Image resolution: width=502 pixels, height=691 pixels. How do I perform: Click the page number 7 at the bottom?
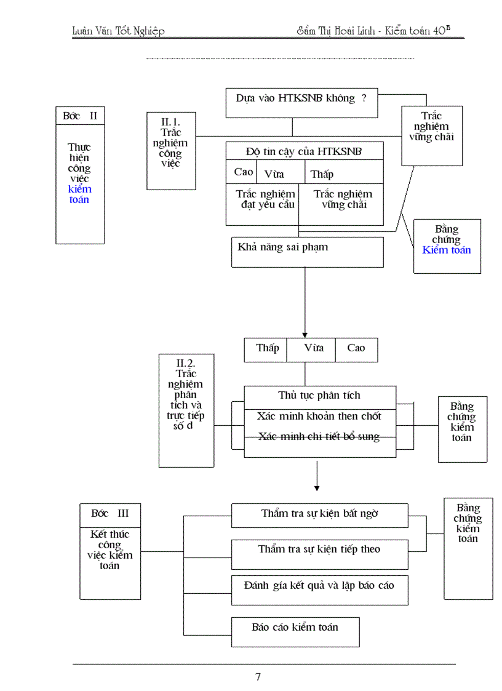click(x=258, y=677)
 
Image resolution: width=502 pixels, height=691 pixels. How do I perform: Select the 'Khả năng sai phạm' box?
click(x=307, y=251)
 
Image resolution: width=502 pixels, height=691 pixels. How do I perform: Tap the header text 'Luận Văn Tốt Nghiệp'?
click(x=118, y=31)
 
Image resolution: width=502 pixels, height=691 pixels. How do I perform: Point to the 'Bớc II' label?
click(x=80, y=116)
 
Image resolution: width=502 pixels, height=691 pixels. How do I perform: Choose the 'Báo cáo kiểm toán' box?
click(x=295, y=631)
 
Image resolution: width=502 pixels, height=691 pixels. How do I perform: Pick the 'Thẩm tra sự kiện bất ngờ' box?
click(x=319, y=514)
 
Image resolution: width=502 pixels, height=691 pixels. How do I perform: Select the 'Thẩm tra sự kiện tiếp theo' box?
click(x=319, y=553)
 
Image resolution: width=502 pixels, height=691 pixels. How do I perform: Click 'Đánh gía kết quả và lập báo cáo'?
click(x=319, y=589)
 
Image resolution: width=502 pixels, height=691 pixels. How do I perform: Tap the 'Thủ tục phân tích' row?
click(x=319, y=395)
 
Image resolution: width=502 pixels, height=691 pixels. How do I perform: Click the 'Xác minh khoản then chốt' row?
click(x=319, y=417)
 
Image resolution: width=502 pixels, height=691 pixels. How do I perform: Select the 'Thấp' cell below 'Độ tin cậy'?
click(x=322, y=175)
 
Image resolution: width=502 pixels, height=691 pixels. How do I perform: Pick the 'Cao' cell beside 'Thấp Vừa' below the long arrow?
click(x=356, y=349)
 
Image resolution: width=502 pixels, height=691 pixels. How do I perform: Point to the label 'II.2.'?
click(x=186, y=363)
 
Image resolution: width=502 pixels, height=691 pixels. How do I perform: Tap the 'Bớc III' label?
click(x=110, y=514)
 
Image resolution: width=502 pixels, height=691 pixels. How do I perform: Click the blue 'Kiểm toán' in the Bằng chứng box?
click(x=447, y=250)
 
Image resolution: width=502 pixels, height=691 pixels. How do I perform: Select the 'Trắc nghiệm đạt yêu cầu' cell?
click(x=266, y=200)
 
